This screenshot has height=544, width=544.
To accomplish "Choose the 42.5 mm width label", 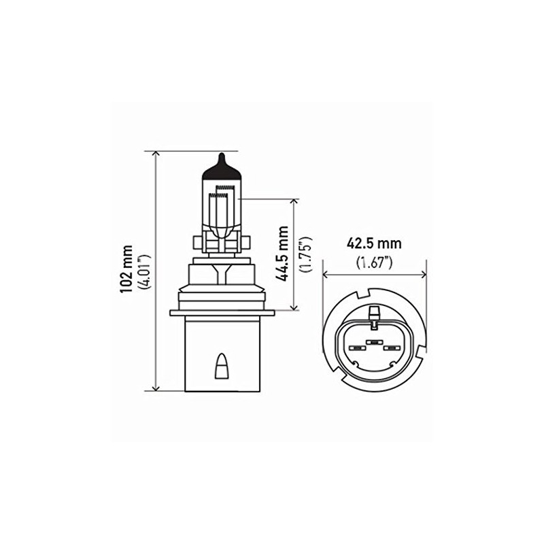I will (x=373, y=243).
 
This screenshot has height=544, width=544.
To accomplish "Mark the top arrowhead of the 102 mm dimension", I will (x=156, y=154).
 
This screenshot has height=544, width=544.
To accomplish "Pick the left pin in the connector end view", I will (x=355, y=348).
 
